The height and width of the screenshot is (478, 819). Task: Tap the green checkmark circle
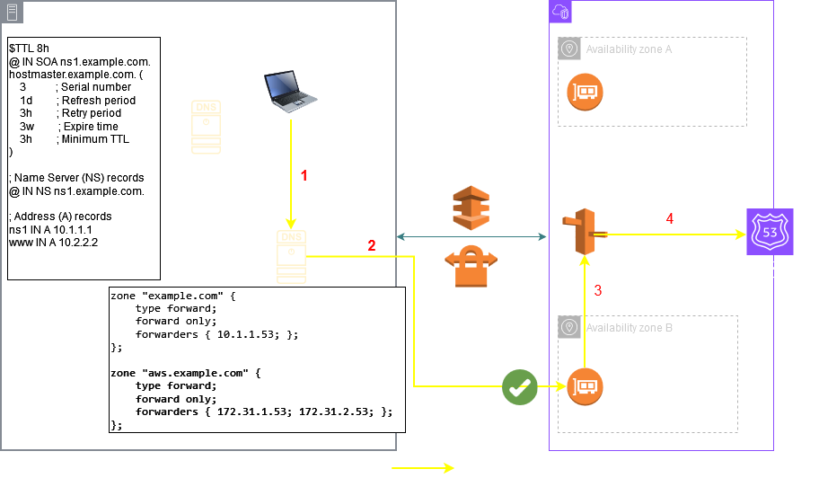click(x=519, y=388)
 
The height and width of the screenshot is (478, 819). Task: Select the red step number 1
click(x=304, y=176)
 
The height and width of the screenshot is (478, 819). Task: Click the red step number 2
click(x=371, y=243)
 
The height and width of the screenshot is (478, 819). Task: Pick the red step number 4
click(x=669, y=218)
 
